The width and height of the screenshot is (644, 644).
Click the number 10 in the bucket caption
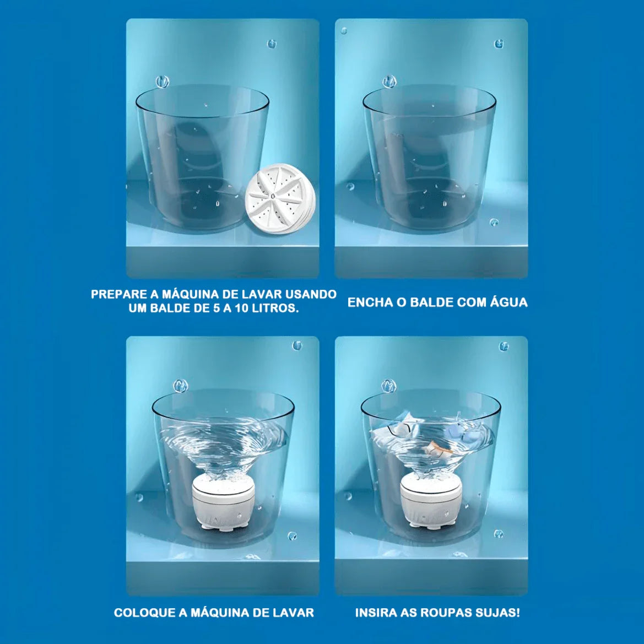point(243,309)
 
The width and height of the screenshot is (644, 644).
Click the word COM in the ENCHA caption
point(470,302)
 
